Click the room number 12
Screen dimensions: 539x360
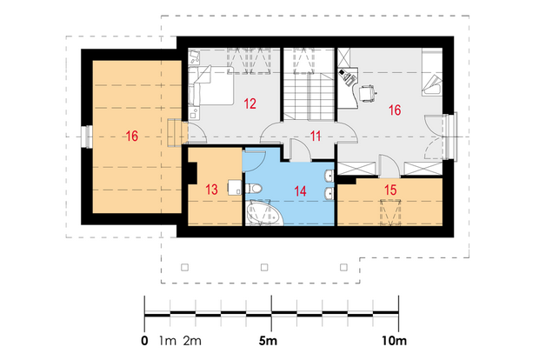click(250, 103)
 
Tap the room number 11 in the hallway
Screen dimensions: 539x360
click(316, 137)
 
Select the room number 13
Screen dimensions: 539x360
click(211, 190)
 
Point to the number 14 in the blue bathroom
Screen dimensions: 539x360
click(300, 191)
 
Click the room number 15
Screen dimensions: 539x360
click(390, 190)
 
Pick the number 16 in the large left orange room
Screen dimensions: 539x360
click(132, 137)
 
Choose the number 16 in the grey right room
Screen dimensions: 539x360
click(395, 110)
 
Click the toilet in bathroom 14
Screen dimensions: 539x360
click(253, 189)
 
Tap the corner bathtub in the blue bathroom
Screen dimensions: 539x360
click(264, 213)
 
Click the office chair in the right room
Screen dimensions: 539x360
click(367, 93)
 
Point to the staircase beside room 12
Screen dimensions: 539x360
click(309, 97)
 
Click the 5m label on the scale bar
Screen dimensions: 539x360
click(268, 341)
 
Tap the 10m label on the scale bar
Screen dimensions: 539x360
click(395, 341)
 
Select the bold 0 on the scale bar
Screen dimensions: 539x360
click(144, 341)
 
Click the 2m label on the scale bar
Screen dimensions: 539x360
click(192, 341)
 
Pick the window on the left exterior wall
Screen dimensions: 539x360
click(87, 137)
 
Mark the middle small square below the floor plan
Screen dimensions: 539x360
click(264, 267)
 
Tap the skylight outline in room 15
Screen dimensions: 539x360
click(390, 212)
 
